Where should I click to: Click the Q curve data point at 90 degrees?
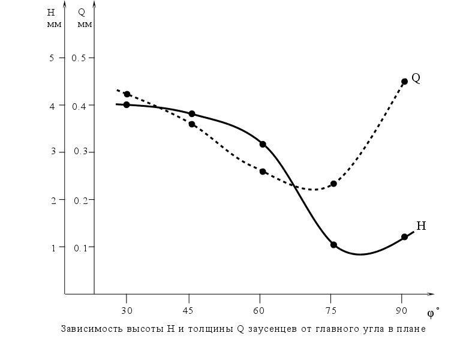click(x=404, y=82)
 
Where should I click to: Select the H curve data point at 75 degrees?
click(x=333, y=245)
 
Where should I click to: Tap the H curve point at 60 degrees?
click(x=263, y=144)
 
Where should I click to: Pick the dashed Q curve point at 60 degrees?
click(x=263, y=172)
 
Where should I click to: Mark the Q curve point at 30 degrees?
click(x=127, y=94)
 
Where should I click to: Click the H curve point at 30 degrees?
click(x=127, y=105)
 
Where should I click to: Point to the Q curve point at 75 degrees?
click(x=333, y=184)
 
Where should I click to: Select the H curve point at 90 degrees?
click(x=404, y=237)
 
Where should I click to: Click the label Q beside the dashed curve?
click(x=416, y=78)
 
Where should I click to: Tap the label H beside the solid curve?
click(x=421, y=226)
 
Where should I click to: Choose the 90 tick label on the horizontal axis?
click(x=401, y=310)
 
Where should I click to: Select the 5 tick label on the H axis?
click(x=52, y=58)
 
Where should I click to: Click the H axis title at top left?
click(x=51, y=13)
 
